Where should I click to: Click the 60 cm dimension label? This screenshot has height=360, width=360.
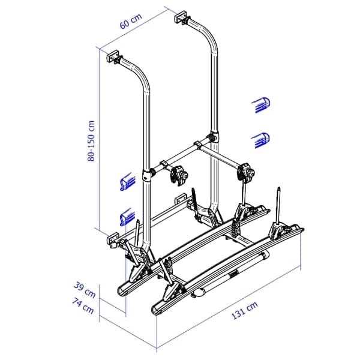click(131, 21)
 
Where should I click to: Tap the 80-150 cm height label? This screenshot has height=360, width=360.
click(91, 141)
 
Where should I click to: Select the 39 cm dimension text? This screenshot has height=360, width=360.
click(85, 290)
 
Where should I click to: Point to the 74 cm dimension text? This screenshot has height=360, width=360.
click(83, 305)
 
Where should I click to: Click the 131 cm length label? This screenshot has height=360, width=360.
click(245, 310)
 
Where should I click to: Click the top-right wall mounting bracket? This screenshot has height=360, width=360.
click(182, 17)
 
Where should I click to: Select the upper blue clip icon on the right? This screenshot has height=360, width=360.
click(261, 104)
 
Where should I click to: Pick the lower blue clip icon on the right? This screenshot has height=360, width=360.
click(261, 140)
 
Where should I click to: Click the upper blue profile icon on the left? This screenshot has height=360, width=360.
click(127, 182)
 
